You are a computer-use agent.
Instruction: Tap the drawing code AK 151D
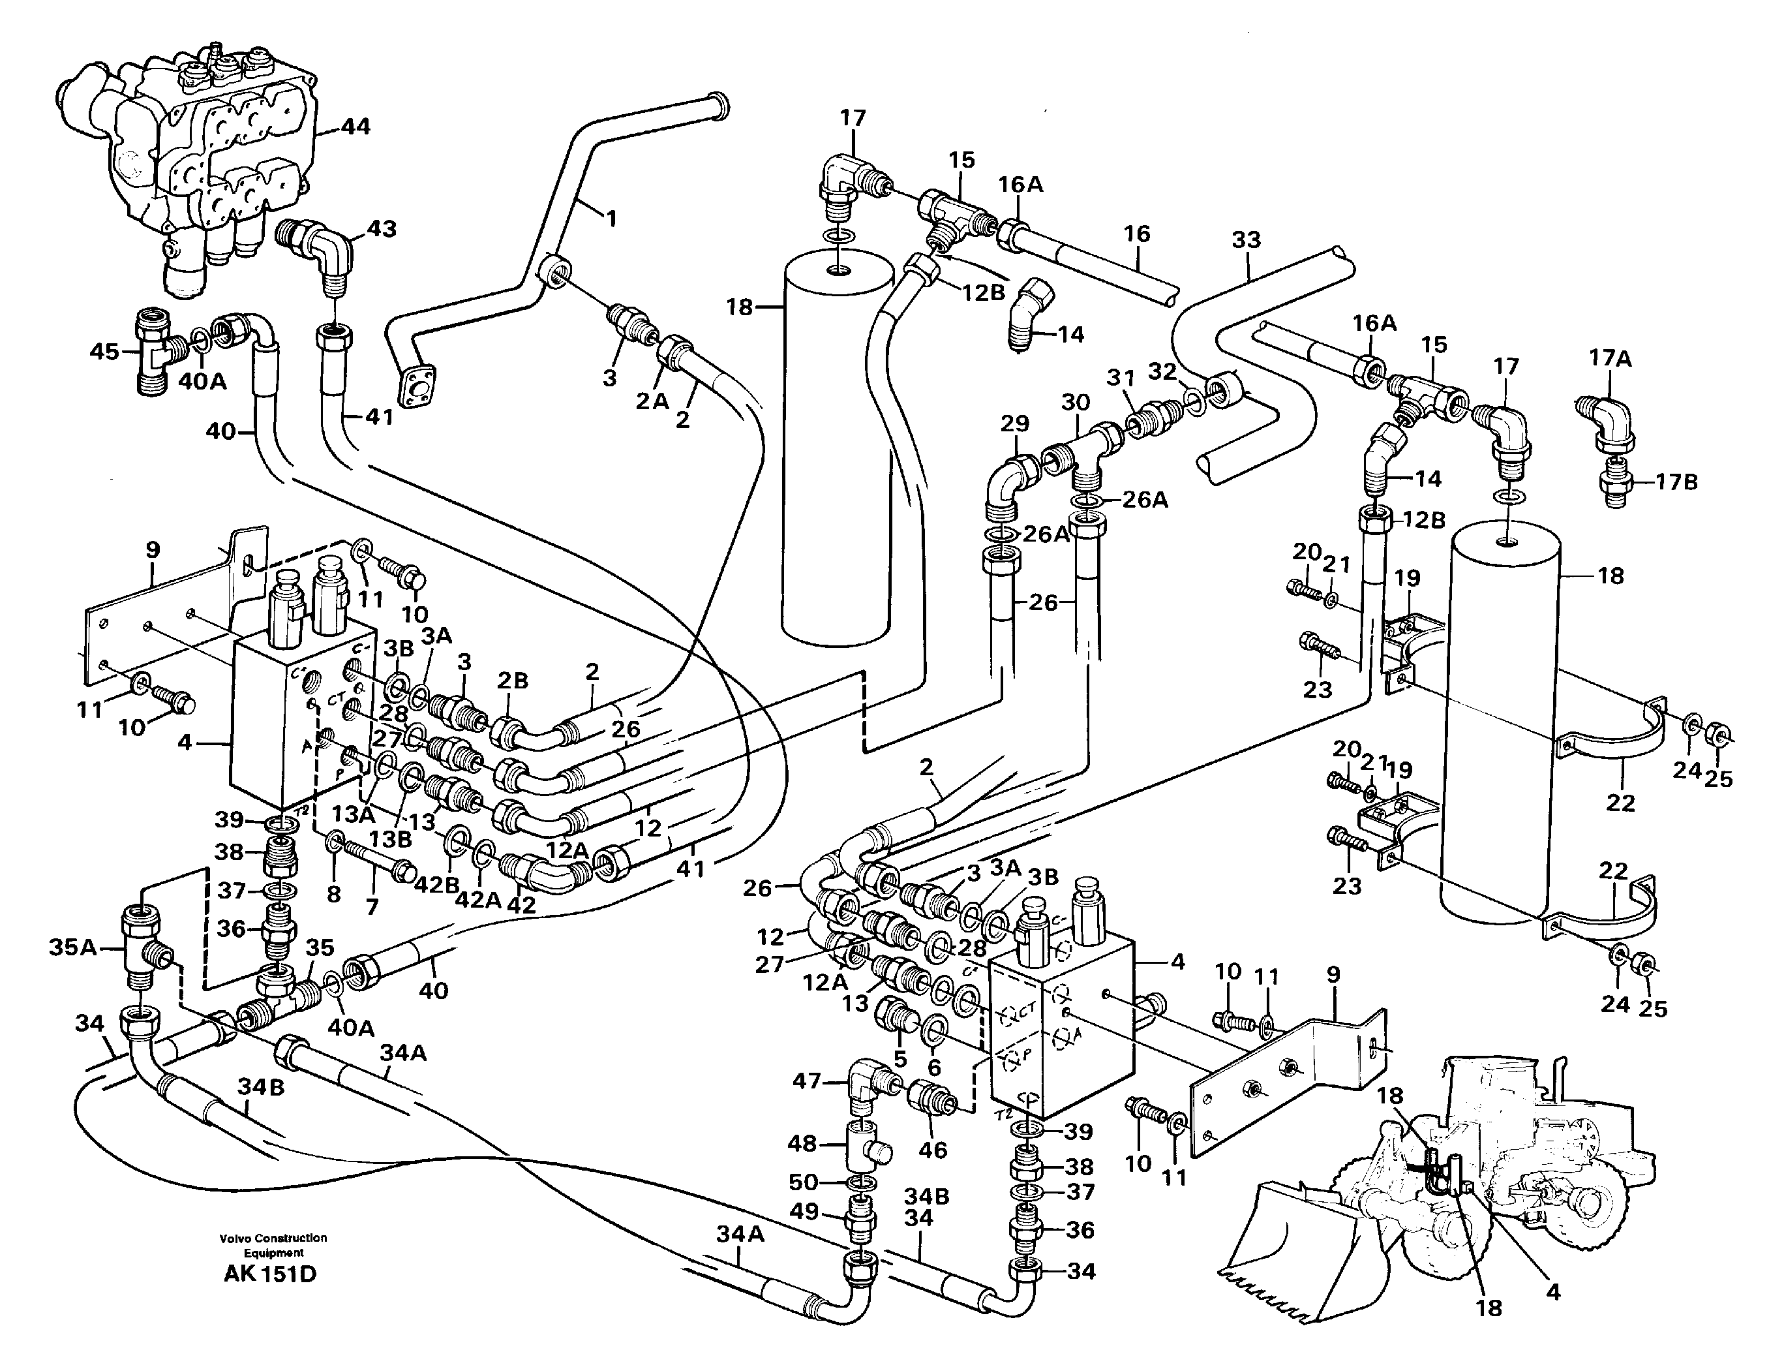tap(270, 1274)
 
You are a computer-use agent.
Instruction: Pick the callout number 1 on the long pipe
tap(612, 219)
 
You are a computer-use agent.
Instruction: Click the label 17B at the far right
tap(1676, 483)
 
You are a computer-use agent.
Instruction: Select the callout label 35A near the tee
tap(73, 946)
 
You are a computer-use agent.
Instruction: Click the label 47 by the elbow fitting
tap(807, 1081)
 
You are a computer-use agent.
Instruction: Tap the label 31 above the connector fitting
tap(1121, 378)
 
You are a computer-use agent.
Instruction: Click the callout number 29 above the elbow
tap(1014, 423)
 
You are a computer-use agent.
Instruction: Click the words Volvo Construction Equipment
tap(273, 1244)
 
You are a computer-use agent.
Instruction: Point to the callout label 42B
tap(436, 885)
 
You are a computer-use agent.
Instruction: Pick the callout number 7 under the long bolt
tap(372, 906)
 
